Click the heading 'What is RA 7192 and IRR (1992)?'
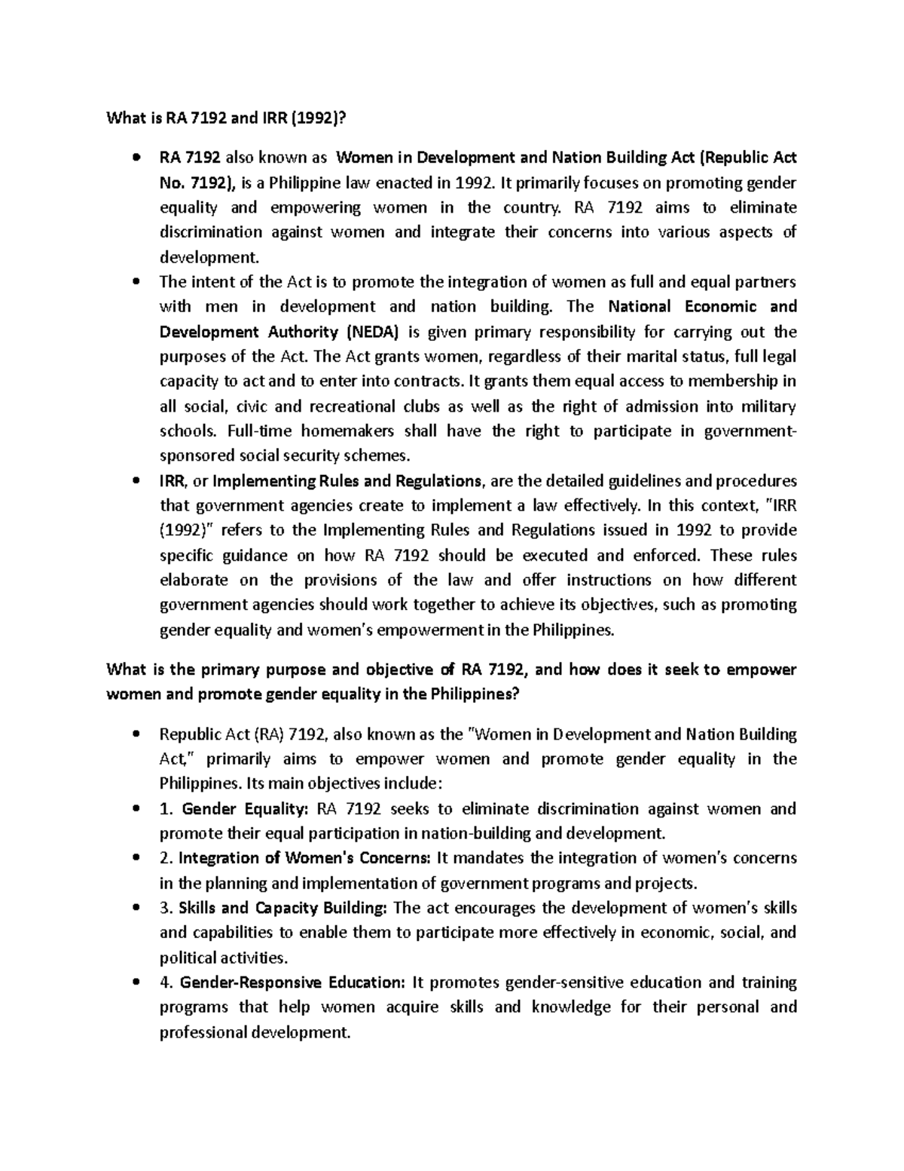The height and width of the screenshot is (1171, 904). [229, 118]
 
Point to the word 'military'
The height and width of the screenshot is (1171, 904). [767, 406]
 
